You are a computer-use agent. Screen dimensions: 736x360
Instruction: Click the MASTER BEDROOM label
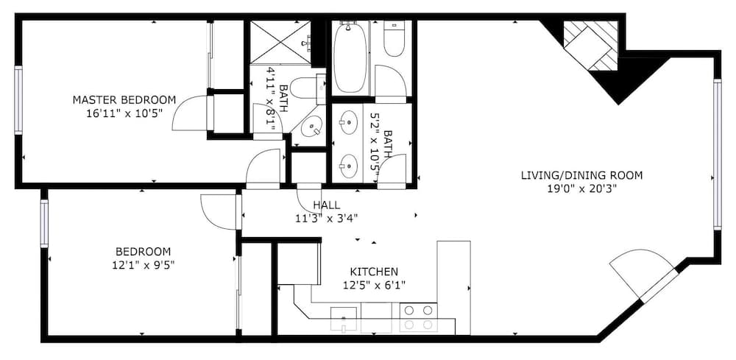124,100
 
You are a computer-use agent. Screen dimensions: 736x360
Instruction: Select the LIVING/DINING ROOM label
581,175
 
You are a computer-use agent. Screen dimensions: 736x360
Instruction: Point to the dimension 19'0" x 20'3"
582,188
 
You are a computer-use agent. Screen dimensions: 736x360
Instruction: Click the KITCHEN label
374,272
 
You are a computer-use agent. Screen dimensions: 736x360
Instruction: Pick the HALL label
326,205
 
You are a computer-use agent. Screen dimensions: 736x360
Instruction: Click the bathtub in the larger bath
350,57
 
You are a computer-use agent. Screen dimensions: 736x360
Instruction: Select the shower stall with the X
280,41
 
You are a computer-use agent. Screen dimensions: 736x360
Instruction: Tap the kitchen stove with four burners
419,317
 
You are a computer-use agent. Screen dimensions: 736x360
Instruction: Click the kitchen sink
344,319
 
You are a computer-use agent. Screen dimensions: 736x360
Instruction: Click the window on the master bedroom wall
18,100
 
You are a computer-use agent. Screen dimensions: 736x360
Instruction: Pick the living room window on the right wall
717,155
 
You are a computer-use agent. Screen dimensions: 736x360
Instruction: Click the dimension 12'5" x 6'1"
374,284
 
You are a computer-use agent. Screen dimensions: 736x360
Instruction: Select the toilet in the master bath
305,88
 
